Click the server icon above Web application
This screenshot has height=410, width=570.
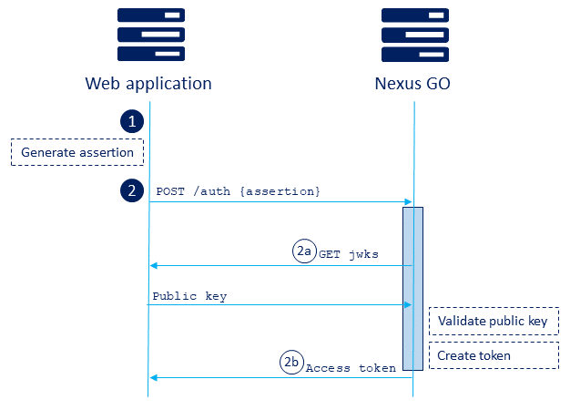click(x=150, y=34)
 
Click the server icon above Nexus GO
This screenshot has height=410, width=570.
click(x=414, y=34)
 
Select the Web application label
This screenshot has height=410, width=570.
click(x=148, y=84)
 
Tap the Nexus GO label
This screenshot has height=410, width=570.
click(x=412, y=84)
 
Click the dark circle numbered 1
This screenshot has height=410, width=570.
click(x=132, y=121)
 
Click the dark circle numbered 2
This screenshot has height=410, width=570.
click(x=132, y=190)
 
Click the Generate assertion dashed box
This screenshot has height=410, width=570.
click(x=77, y=152)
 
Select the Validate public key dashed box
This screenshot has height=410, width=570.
click(x=493, y=322)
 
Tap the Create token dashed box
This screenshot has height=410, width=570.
click(x=493, y=355)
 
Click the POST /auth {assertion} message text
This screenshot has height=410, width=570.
click(x=239, y=191)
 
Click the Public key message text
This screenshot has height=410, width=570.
click(x=189, y=296)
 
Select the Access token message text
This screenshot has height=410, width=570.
click(x=351, y=368)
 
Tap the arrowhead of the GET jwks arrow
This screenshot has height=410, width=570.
click(x=154, y=266)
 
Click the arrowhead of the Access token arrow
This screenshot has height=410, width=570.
click(x=154, y=377)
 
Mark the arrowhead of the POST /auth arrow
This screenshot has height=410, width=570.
click(x=408, y=202)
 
